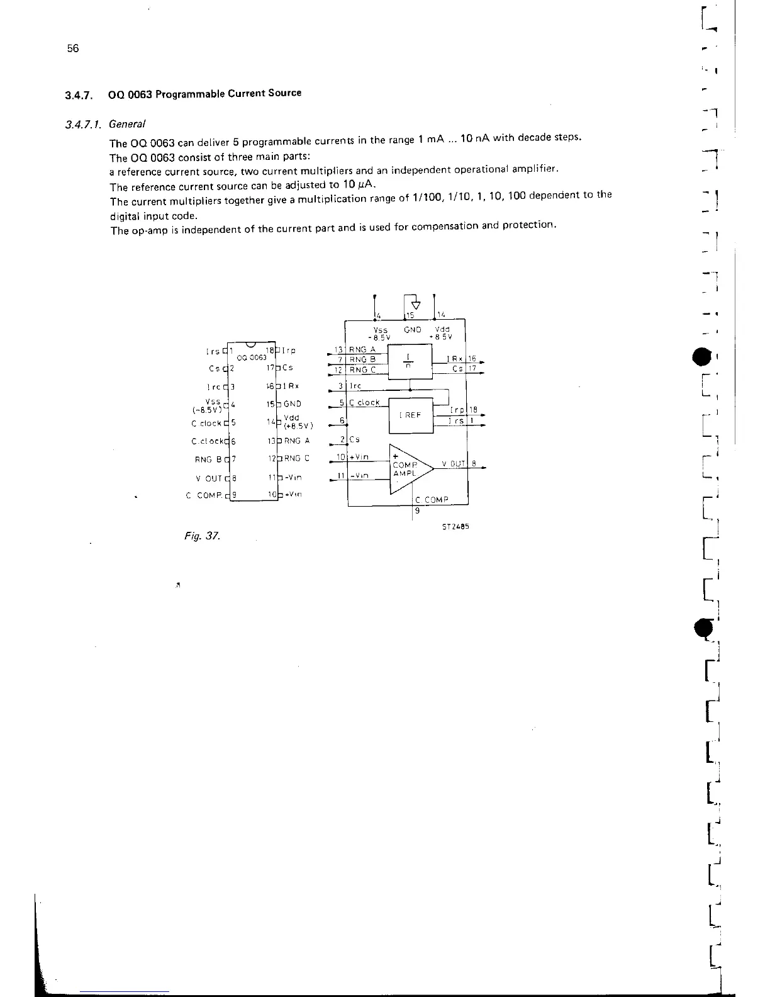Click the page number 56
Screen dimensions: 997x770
click(x=73, y=49)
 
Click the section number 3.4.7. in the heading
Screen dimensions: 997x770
click(x=79, y=96)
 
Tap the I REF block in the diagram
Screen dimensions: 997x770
click(x=410, y=415)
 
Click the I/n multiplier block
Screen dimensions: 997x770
click(x=410, y=363)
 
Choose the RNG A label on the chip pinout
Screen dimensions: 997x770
click(x=296, y=441)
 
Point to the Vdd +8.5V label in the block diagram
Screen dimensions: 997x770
click(x=442, y=333)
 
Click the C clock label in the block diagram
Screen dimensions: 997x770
click(x=364, y=403)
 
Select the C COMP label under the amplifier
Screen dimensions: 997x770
click(x=432, y=500)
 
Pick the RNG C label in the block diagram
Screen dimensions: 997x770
click(x=362, y=369)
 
